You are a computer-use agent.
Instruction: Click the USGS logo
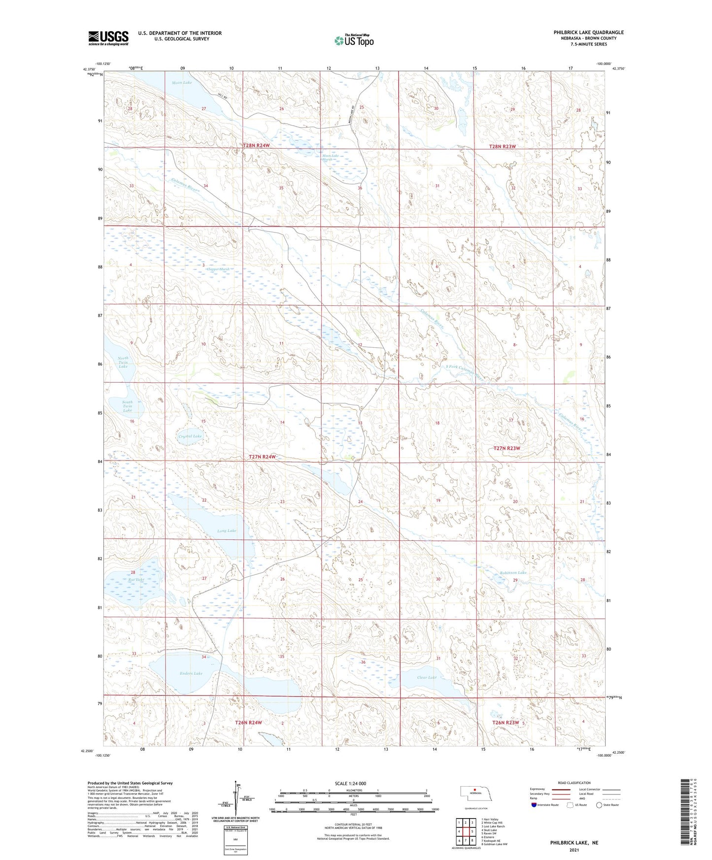click(108, 38)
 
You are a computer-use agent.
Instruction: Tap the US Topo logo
click(354, 40)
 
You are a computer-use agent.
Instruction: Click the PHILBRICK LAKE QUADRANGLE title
click(588, 33)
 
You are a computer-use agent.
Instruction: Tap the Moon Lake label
click(181, 83)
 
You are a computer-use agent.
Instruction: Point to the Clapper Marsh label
click(219, 269)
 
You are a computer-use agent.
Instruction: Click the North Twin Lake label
click(123, 363)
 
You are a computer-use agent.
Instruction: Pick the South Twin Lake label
click(128, 406)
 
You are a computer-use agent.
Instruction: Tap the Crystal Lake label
click(190, 436)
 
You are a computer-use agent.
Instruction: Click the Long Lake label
click(227, 531)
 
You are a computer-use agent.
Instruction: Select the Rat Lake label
click(136, 580)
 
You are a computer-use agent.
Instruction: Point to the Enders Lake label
click(191, 673)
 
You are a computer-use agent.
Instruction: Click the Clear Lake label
click(427, 677)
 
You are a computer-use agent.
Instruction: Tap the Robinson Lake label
click(513, 573)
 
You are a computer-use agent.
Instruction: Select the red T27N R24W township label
click(262, 457)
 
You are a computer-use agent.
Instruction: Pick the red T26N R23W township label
click(506, 723)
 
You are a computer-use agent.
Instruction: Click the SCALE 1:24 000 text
click(350, 784)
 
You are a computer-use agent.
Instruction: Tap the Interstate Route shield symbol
click(534, 805)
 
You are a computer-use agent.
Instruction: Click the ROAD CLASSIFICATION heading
click(574, 783)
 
